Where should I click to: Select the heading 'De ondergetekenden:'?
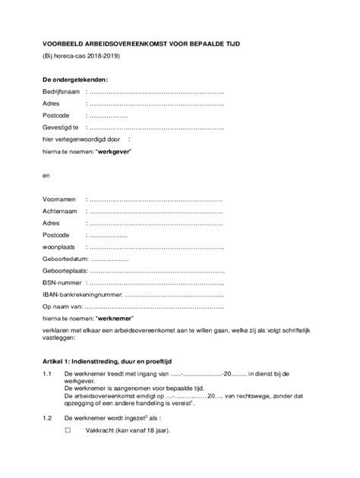tap(75, 79)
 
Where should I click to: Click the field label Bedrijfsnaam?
tap(61, 91)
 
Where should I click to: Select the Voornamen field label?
tap(59, 200)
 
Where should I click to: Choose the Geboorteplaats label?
tap(65, 271)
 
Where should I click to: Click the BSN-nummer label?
tap(62, 283)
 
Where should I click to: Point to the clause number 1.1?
tap(47, 374)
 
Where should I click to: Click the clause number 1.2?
tap(47, 417)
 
